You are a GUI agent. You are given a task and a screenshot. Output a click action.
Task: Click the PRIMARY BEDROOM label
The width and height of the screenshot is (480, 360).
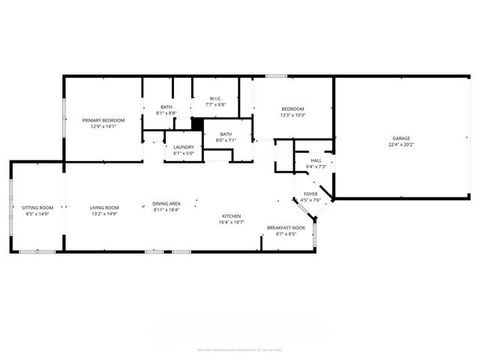tap(103, 120)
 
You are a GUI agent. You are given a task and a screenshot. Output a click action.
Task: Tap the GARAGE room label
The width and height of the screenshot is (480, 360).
tap(401, 138)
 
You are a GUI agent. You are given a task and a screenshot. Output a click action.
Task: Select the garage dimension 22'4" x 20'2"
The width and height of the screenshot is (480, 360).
tap(401, 145)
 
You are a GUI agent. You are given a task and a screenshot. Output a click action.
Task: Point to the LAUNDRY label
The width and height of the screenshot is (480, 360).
tap(184, 147)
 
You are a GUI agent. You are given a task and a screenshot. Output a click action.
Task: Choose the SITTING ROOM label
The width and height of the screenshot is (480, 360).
tap(37, 208)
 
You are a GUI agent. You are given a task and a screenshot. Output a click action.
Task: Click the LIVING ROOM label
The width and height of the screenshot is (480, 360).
tap(105, 208)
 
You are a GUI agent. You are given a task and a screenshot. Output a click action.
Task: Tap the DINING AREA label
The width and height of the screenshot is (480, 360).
tap(166, 204)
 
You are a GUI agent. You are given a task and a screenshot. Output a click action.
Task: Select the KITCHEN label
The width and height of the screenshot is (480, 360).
tap(230, 216)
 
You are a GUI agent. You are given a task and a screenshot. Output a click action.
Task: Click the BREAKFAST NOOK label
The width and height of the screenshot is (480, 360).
tap(286, 228)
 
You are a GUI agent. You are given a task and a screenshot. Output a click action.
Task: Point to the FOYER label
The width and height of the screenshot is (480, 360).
tap(310, 194)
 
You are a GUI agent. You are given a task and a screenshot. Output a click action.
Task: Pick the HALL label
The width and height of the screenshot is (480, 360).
tap(316, 160)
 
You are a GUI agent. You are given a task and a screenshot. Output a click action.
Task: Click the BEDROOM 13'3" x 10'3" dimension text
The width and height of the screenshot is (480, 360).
tap(292, 115)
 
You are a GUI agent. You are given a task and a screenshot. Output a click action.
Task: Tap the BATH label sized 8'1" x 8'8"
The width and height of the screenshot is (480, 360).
tap(166, 112)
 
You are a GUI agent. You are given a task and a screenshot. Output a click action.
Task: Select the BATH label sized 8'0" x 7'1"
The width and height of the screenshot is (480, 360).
tap(226, 140)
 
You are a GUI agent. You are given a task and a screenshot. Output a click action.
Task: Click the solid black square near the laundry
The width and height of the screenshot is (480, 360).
tap(198, 124)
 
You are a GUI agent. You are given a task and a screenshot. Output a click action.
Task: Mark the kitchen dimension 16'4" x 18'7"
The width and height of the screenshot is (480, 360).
tap(230, 222)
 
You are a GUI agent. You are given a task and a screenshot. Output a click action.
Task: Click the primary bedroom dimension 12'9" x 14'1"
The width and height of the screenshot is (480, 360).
tap(103, 126)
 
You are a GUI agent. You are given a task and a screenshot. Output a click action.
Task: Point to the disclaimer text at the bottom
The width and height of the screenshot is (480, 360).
tap(240, 350)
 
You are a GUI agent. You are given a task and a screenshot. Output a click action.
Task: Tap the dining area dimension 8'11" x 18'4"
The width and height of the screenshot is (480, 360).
tap(166, 210)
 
